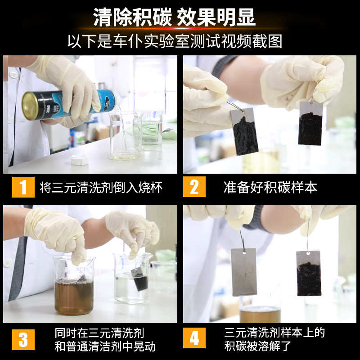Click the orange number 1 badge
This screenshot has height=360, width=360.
tap(23, 187)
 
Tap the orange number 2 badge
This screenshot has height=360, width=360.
tap(194, 187)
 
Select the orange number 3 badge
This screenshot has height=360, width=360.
tap(23, 340)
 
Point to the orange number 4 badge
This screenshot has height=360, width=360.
tap(194, 338)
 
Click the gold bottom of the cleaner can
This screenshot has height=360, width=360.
tap(30, 106)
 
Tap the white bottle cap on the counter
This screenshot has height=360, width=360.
tap(79, 160)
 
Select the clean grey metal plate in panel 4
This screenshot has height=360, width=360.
tap(244, 272)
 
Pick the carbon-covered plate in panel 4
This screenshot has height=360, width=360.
tap(309, 273)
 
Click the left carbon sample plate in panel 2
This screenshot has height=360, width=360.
tap(244, 131)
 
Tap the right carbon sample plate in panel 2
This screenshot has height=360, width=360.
tap(310, 123)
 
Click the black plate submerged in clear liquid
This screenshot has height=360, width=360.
tap(140, 279)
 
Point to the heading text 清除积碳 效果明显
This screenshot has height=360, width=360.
tap(174, 17)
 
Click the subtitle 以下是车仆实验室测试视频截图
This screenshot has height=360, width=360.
tap(175, 41)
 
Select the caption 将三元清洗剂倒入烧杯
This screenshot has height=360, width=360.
tap(101, 187)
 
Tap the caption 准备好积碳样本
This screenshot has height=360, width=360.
tap(270, 187)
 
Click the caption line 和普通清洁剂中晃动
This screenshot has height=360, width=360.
tap(105, 346)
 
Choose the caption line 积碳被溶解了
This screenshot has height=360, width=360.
tap(258, 346)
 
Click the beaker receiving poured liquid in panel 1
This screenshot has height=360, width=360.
tap(126, 136)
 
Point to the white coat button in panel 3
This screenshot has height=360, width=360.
tap(7, 263)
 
